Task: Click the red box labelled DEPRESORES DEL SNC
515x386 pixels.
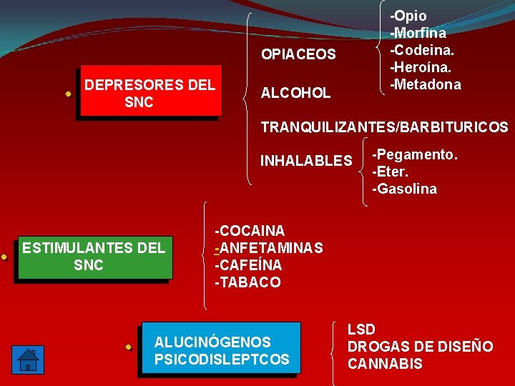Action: tap(150, 93)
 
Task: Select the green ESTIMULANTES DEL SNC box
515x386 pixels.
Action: tap(94, 257)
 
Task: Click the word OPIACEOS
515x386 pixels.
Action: tap(298, 54)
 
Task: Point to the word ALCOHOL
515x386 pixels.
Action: tap(295, 93)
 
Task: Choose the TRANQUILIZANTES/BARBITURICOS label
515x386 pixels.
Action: tap(384, 128)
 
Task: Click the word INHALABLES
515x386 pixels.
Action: tap(306, 160)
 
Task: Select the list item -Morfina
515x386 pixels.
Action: tap(418, 33)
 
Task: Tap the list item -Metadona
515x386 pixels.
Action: tap(425, 84)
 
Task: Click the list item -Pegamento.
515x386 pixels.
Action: tap(415, 155)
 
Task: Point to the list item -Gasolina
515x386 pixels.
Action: tap(404, 189)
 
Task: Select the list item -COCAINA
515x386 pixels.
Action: tap(250, 231)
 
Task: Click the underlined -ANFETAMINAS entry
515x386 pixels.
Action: tap(269, 248)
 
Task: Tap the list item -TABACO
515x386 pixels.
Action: tap(247, 282)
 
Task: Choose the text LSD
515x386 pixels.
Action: tap(361, 330)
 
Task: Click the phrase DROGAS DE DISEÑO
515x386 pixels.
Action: tap(420, 347)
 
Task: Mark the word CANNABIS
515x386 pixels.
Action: tap(385, 364)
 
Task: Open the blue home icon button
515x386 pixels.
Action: tap(27, 358)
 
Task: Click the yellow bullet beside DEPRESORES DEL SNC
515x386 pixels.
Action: tap(68, 94)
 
